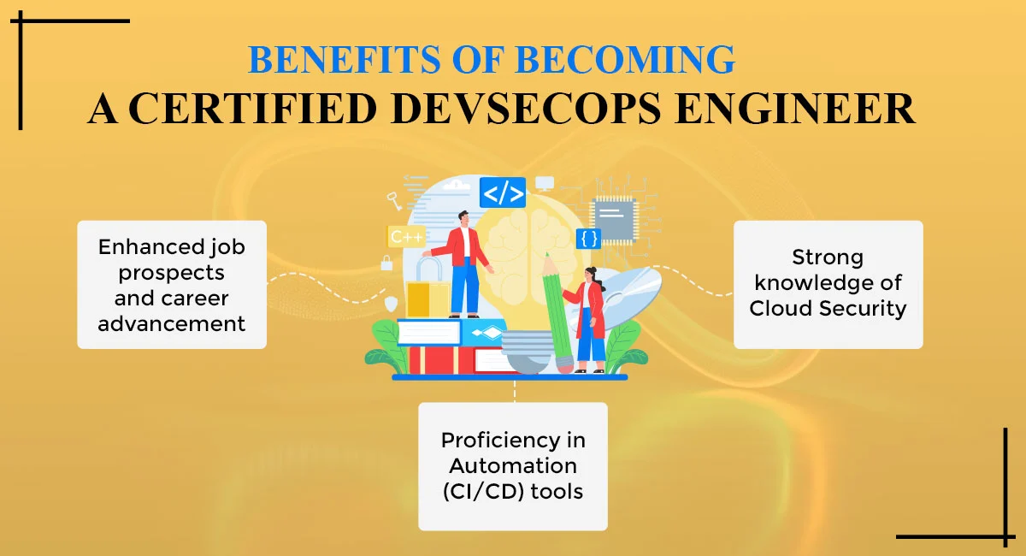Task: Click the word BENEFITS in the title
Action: (x=344, y=60)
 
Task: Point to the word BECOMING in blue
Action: (x=625, y=60)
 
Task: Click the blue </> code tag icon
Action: (x=503, y=192)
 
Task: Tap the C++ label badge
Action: (x=406, y=237)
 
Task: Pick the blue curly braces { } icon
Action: (x=588, y=239)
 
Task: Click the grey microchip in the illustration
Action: (x=614, y=219)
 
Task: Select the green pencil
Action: (x=556, y=313)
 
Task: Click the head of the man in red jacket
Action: (x=463, y=219)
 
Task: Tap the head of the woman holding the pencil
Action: (x=592, y=275)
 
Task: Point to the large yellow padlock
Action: (x=427, y=289)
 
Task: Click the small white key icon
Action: (x=394, y=201)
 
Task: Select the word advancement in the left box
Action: (x=172, y=324)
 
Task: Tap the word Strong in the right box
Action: (x=828, y=257)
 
